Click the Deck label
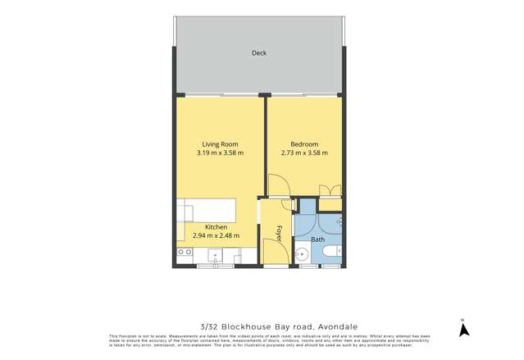coord(259,53)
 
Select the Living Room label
coord(220,144)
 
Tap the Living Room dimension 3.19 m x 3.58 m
coord(220,153)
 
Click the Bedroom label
coord(304,144)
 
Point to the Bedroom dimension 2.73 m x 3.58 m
coord(304,153)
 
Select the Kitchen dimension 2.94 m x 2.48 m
coord(216,236)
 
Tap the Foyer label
coord(279,232)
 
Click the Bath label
coord(317,239)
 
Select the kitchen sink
coord(215,253)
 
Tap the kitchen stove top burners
coord(183,253)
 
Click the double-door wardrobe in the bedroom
coord(330,193)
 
